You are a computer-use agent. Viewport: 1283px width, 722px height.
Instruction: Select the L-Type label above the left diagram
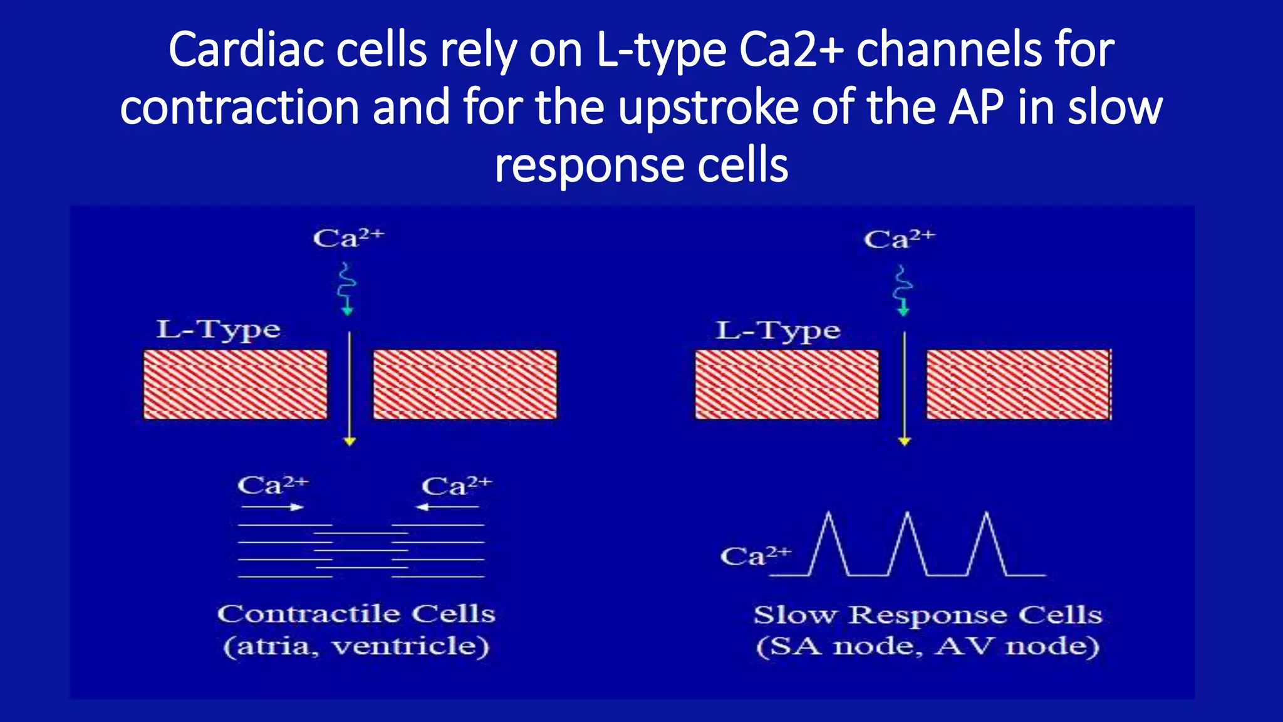[x=218, y=330]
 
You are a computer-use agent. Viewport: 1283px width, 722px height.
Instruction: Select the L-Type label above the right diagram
[x=777, y=331]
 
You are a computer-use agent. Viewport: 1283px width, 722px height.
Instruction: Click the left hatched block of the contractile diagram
[x=236, y=384]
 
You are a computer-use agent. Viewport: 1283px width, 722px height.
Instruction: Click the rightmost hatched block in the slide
[x=1018, y=384]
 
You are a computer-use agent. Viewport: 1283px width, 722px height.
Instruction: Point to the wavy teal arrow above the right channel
[x=903, y=290]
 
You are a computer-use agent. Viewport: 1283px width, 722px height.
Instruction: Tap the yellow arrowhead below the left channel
[x=350, y=441]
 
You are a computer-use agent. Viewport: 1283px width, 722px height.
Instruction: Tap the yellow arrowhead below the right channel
[x=904, y=441]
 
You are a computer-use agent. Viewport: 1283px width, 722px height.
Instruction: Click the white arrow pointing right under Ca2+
[x=273, y=507]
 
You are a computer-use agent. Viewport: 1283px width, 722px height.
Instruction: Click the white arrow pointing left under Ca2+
[x=447, y=507]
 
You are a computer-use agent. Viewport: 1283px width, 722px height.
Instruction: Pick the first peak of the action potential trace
[x=829, y=515]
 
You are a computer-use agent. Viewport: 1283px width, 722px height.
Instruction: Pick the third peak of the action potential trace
[x=987, y=515]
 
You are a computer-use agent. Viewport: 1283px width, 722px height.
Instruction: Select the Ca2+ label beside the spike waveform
[x=756, y=556]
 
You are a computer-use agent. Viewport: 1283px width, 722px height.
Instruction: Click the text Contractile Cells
[x=356, y=614]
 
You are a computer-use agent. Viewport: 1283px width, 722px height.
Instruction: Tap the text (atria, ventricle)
[x=356, y=646]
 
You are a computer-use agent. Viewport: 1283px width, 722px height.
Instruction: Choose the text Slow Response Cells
[x=927, y=615]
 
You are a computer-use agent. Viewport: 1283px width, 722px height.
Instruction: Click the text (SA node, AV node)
[x=927, y=646]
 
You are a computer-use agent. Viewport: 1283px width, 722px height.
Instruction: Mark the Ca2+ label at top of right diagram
[x=899, y=239]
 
